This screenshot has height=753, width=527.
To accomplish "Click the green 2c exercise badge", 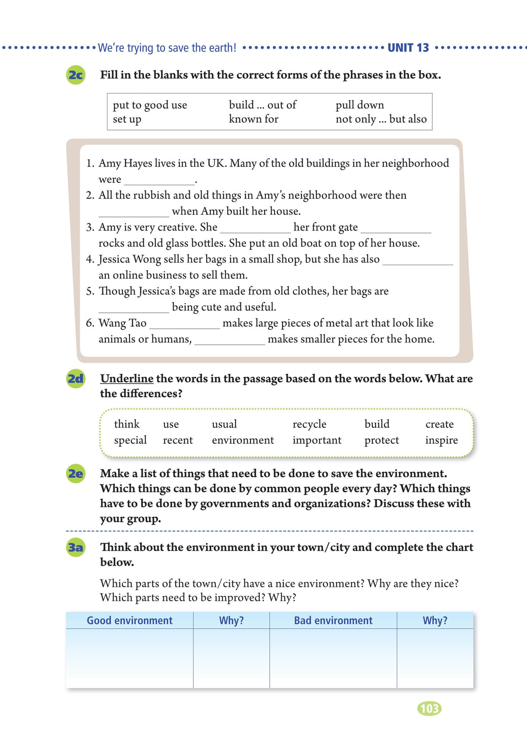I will [x=76, y=75].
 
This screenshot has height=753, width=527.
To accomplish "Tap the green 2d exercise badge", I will [x=76, y=379].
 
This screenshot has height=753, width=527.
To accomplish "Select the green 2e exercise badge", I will [x=76, y=474].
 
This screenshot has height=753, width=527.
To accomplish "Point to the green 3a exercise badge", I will [x=76, y=547].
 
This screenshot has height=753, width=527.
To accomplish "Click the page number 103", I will [x=429, y=708].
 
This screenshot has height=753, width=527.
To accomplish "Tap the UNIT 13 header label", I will [x=408, y=48].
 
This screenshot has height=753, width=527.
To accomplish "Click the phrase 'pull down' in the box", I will [x=359, y=105].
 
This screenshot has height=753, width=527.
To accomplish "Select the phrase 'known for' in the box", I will [x=254, y=119].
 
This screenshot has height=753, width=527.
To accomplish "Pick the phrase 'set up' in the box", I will [x=127, y=119].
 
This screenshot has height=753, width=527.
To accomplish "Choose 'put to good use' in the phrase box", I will [x=150, y=105].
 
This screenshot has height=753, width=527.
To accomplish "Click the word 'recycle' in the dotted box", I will [x=309, y=424].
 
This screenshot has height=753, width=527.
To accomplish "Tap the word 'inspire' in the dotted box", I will [x=441, y=440].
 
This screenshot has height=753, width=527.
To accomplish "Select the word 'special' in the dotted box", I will [x=130, y=440].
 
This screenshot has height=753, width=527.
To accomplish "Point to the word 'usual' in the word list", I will [x=224, y=424].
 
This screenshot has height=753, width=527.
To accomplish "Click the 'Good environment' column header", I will [x=129, y=620].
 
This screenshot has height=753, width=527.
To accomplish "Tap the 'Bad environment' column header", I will [x=333, y=620].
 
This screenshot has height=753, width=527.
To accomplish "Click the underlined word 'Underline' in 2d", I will [x=127, y=379].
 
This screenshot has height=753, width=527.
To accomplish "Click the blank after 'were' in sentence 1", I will [x=159, y=180].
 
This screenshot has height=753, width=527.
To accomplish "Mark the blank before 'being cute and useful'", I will [x=134, y=308].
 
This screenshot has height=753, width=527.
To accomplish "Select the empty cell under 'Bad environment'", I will [x=333, y=658].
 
